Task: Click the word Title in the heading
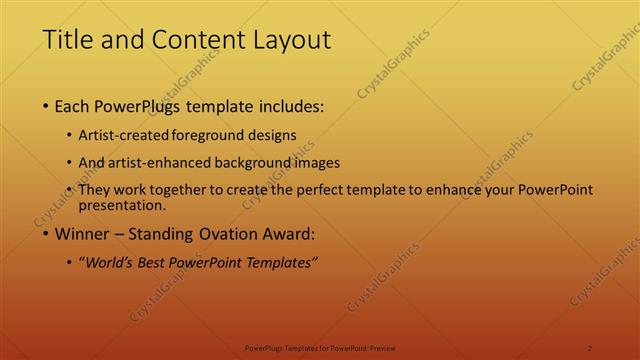tap(65, 40)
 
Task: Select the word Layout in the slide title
tap(288, 40)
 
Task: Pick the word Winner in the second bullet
tap(81, 235)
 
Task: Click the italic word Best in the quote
tap(155, 263)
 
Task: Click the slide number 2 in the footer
tap(590, 347)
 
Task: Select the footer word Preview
tap(383, 347)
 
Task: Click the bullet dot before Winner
tap(46, 235)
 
